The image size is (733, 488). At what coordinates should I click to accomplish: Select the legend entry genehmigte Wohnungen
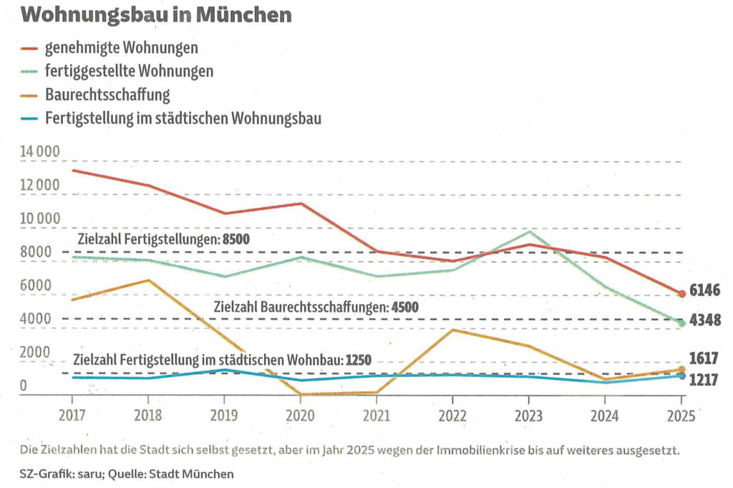pos(121,49)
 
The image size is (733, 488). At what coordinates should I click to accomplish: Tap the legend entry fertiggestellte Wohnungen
pos(129,72)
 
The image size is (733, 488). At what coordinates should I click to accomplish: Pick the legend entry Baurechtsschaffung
pos(107,95)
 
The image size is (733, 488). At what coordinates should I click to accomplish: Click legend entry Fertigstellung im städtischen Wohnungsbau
pos(183,118)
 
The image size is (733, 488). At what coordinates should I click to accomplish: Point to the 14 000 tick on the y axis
pos(42,153)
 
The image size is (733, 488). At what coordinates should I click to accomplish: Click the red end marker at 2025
pos(682,294)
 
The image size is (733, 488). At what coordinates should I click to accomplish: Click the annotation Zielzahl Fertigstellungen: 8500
pos(162,239)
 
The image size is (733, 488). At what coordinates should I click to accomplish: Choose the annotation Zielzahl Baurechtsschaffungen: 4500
pos(316,307)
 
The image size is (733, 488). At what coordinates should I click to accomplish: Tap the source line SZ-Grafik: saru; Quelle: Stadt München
pos(127,474)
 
